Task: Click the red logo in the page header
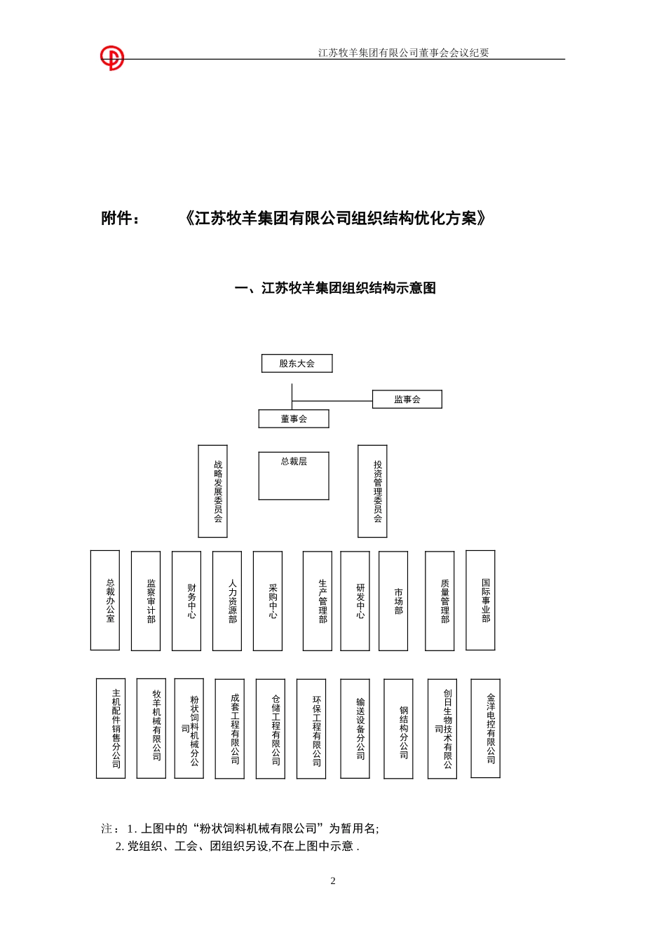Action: (x=111, y=58)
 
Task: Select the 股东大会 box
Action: (x=297, y=363)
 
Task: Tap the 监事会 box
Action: (x=407, y=400)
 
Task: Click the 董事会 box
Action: (x=294, y=418)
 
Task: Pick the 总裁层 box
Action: (x=294, y=476)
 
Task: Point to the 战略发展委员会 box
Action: (x=212, y=491)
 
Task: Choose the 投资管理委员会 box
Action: (x=372, y=491)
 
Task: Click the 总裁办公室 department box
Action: (x=105, y=600)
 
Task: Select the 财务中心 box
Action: (x=186, y=601)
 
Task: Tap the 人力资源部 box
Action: (x=227, y=601)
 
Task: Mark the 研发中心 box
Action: (x=355, y=601)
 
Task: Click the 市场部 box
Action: (x=393, y=601)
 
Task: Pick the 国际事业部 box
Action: (x=480, y=600)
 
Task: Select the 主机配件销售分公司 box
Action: (x=111, y=728)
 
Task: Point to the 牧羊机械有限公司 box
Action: (x=151, y=728)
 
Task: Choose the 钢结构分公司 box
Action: (x=398, y=728)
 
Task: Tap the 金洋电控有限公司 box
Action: (x=485, y=728)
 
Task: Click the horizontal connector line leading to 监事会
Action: (x=332, y=401)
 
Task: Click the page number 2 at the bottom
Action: (x=333, y=881)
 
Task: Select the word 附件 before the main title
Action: (x=116, y=219)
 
